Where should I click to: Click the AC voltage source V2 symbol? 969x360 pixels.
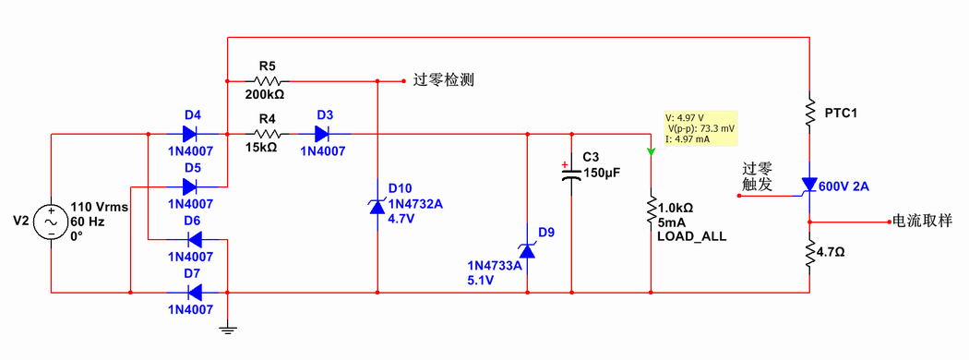50,222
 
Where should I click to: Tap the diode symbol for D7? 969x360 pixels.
192,293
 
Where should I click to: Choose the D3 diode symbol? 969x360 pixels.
322,134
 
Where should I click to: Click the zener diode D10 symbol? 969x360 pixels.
377,208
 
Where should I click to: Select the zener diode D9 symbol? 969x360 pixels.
527,249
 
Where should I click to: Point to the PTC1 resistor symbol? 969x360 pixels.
809,104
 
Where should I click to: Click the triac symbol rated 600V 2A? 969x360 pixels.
809,186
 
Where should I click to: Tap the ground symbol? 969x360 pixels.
226,329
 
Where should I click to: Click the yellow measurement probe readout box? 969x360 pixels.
700,128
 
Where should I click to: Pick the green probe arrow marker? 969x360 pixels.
651,150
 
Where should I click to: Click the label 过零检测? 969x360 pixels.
444,81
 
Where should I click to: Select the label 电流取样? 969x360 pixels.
920,222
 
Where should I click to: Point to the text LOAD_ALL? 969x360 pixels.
691,236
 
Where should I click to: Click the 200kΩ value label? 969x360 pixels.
265,94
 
